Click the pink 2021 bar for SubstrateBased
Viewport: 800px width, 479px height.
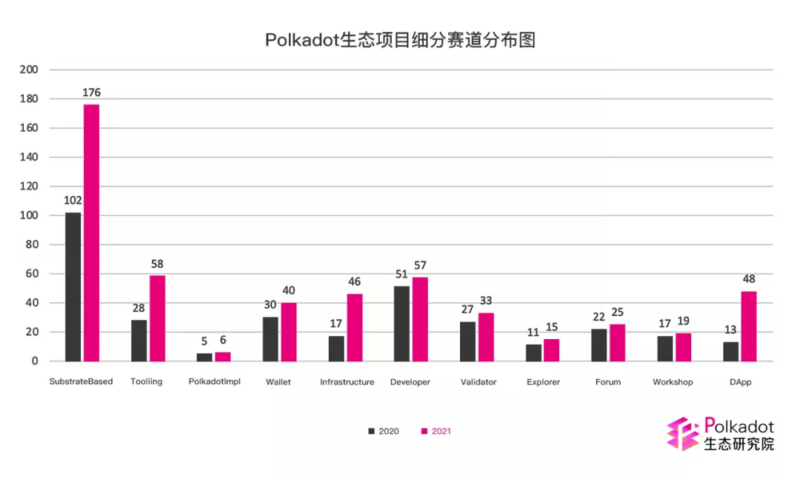pos(91,232)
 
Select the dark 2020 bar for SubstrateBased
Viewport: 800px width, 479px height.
pos(73,287)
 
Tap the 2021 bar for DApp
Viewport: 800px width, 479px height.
pos(749,326)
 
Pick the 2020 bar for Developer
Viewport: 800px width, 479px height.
pos(401,324)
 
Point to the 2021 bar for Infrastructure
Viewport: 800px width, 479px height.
pos(355,327)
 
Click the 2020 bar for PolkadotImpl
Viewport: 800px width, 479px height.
pos(204,357)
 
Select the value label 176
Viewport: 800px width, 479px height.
pos(92,93)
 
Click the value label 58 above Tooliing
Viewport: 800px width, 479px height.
pos(157,264)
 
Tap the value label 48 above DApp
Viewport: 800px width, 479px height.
pos(749,279)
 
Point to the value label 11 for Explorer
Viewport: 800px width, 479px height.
pos(534,332)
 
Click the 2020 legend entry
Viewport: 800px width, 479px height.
pos(384,431)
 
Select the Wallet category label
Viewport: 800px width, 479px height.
pos(279,382)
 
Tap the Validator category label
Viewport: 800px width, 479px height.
pos(478,382)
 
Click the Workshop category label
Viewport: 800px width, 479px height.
pos(673,382)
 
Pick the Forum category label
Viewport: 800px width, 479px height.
pos(608,382)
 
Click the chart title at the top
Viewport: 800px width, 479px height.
pos(400,40)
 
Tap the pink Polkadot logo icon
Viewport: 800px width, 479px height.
pos(682,434)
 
